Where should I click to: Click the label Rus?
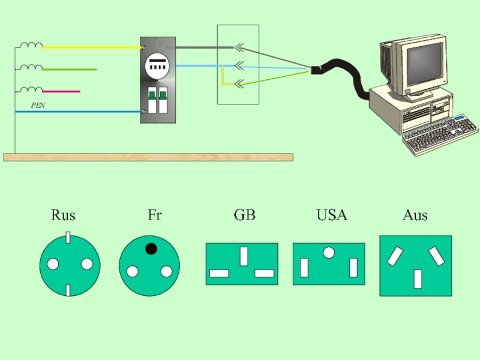tap(63, 215)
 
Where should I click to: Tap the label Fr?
tap(154, 215)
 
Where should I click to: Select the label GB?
tap(244, 215)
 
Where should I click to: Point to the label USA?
tap(332, 215)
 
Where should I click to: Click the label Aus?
tap(415, 215)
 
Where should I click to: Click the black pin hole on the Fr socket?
tap(151, 248)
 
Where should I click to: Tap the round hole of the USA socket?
tap(328, 253)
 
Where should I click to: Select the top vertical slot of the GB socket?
tap(244, 256)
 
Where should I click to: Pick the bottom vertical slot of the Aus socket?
tap(418, 278)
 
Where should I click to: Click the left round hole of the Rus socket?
tap(53, 264)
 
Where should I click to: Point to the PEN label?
tap(38, 106)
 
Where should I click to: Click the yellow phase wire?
tap(90, 46)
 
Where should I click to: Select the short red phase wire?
tap(61, 92)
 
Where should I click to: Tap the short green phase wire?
tap(69, 70)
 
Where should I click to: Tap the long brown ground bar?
tap(148, 157)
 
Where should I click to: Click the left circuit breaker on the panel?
tap(152, 100)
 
